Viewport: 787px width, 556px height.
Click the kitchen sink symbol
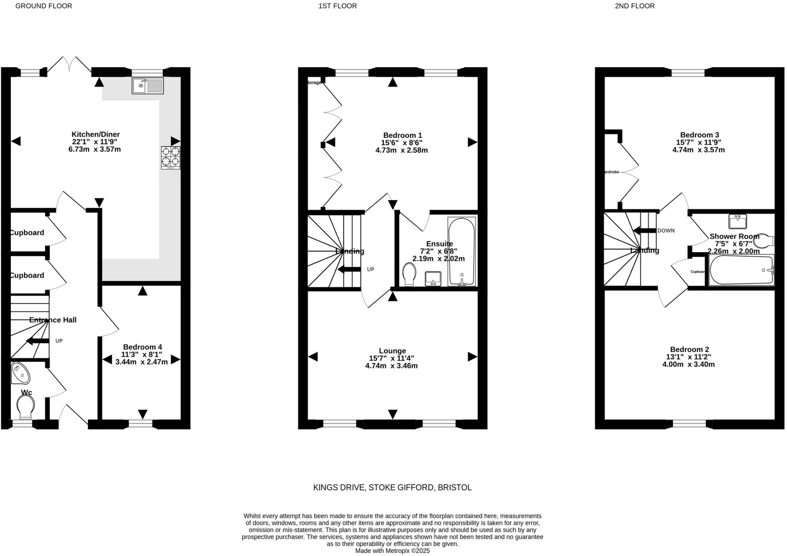coord(148,86)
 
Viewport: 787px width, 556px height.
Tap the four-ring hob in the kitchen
coord(171,157)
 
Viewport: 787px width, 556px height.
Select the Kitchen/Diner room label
coord(95,135)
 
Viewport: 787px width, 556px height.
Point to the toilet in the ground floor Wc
coord(26,407)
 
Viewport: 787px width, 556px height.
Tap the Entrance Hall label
coord(53,320)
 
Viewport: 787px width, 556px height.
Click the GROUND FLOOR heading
coord(43,6)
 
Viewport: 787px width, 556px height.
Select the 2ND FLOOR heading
coord(634,6)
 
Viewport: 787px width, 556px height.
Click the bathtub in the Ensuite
coord(462,251)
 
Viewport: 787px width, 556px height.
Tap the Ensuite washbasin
coord(433,278)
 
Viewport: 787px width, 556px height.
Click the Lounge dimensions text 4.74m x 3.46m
coord(391,366)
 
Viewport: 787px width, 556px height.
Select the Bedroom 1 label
coord(402,135)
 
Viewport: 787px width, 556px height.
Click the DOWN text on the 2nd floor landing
coord(666,231)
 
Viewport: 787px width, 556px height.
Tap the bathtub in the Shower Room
coord(741,270)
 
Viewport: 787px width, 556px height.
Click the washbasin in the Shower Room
coord(737,221)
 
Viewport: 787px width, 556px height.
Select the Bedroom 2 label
coord(689,350)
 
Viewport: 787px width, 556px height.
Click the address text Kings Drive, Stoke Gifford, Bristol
coord(392,488)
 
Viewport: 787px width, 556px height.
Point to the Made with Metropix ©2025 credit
coord(392,551)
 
